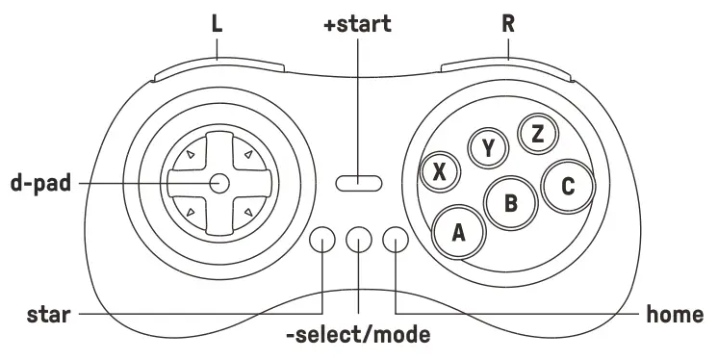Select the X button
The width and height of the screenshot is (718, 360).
tap(440, 172)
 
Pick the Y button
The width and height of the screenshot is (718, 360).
tap(488, 147)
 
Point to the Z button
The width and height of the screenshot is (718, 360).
tap(537, 134)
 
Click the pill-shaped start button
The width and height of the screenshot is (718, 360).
tap(358, 181)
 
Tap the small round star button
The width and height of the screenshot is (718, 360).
tap(322, 241)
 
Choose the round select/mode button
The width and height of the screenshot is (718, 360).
tap(358, 241)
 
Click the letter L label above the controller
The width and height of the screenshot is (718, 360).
tap(217, 24)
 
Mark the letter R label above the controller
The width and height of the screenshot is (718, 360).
tap(507, 24)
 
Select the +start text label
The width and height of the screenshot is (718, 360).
tap(357, 24)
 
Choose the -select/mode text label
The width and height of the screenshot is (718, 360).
tap(357, 336)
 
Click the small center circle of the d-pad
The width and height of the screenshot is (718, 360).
tap(218, 181)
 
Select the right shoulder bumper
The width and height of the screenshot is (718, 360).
tap(507, 69)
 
